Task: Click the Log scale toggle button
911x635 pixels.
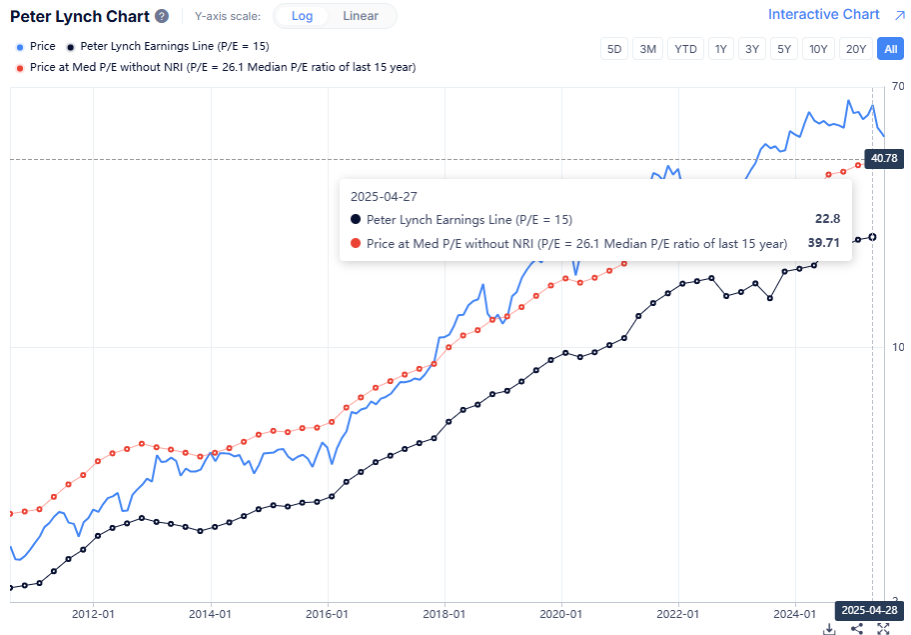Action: coord(301,16)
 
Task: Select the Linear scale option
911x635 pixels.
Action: coord(361,16)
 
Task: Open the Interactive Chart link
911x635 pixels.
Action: coord(824,14)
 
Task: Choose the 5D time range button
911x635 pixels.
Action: coord(615,49)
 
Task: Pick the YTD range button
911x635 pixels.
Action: coord(685,49)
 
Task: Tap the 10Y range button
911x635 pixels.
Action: coord(819,49)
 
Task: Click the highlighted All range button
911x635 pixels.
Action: coord(889,49)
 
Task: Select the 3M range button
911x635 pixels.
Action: coord(648,49)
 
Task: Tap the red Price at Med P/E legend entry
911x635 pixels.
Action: coord(215,67)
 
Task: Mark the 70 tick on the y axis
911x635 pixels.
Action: coord(897,86)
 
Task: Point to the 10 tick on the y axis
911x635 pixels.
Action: coord(897,347)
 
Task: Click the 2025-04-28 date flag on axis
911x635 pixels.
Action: coord(869,609)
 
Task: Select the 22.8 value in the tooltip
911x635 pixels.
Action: coord(828,219)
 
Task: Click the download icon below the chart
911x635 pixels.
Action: coord(829,628)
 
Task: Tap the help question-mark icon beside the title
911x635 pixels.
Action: coord(162,17)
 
